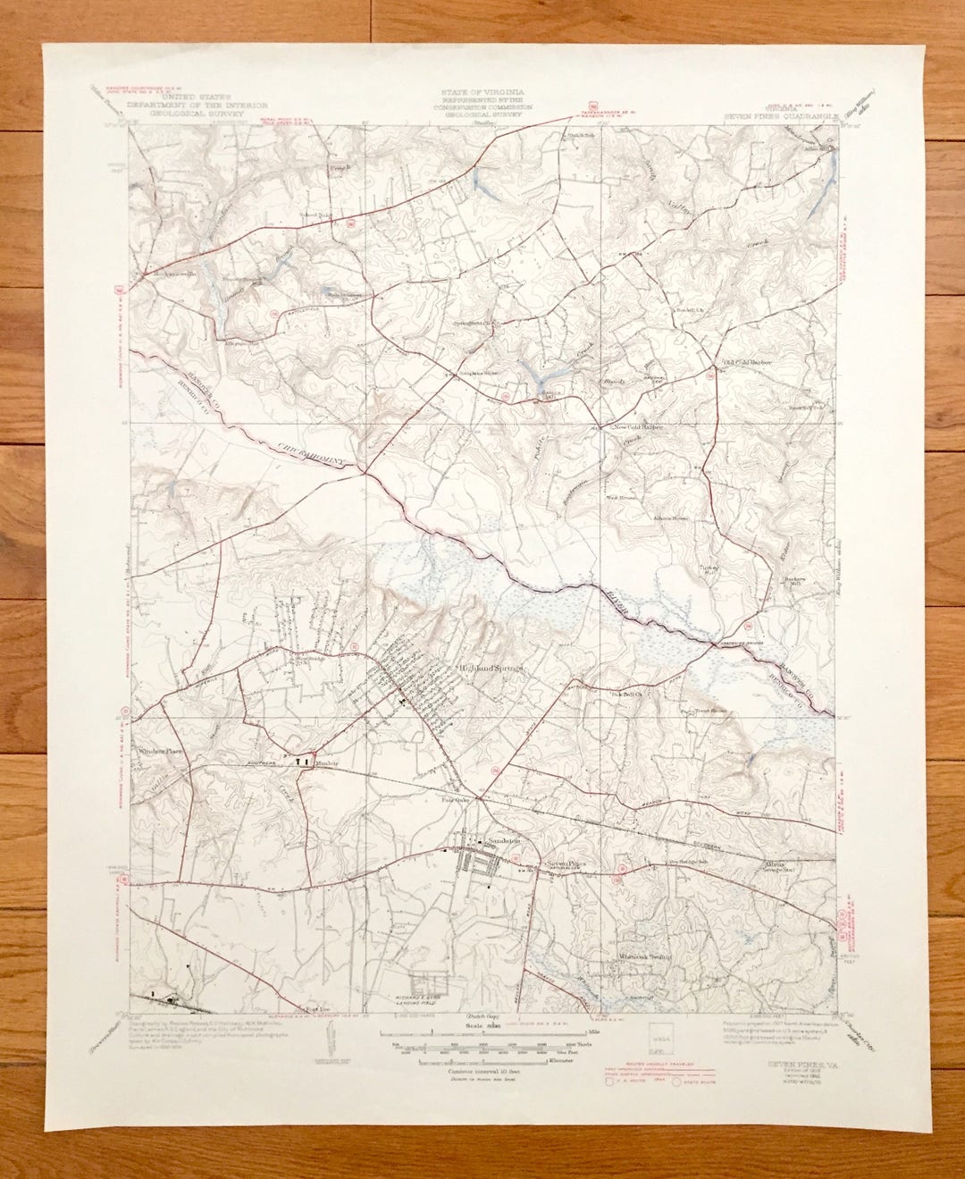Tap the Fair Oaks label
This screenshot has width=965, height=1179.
click(x=454, y=801)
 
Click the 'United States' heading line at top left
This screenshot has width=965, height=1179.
click(x=189, y=93)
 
